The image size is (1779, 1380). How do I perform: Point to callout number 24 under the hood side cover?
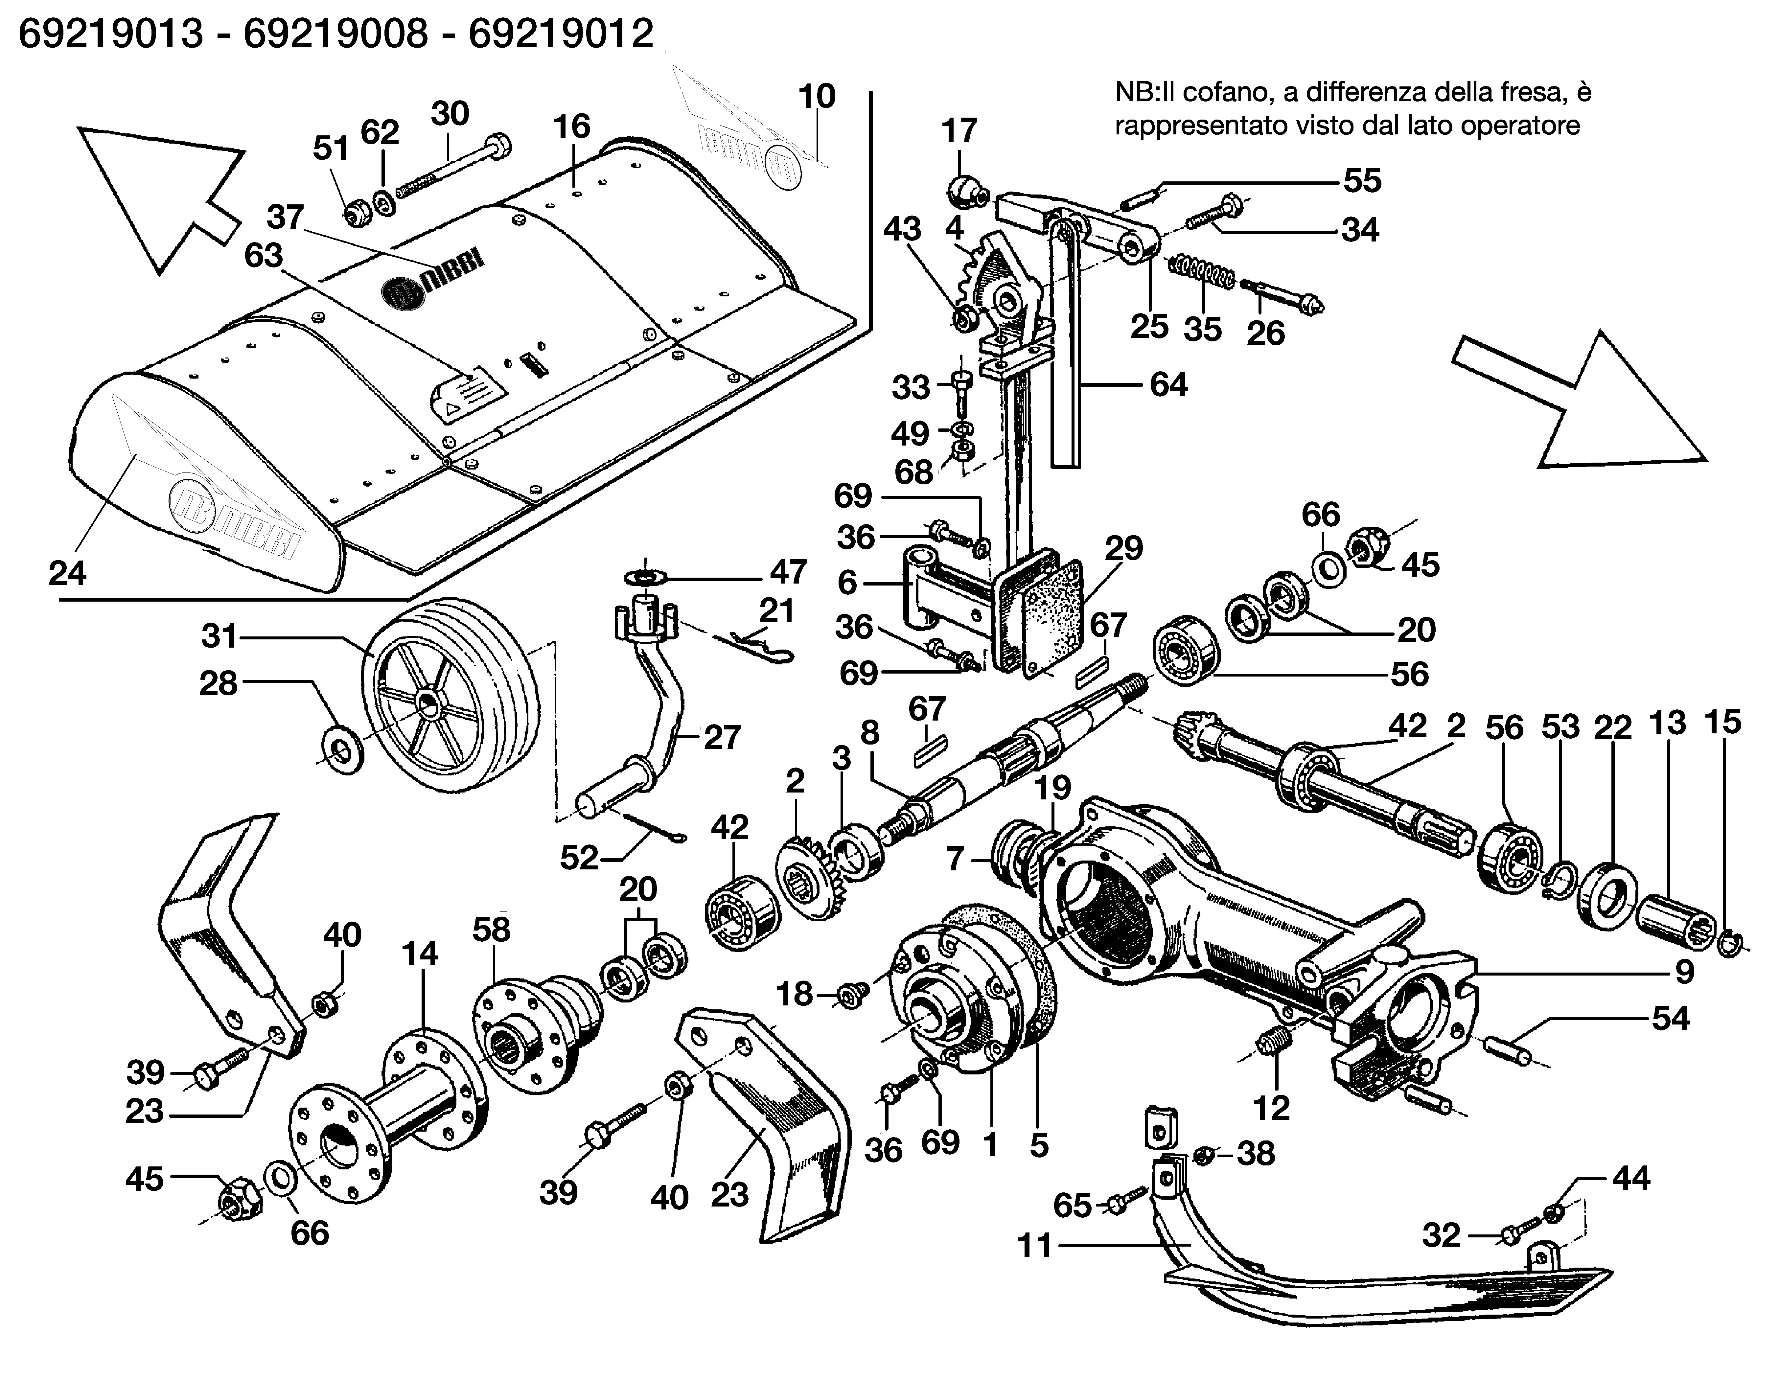pyautogui.click(x=67, y=573)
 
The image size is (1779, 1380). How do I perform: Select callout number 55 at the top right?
pyautogui.click(x=1362, y=180)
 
